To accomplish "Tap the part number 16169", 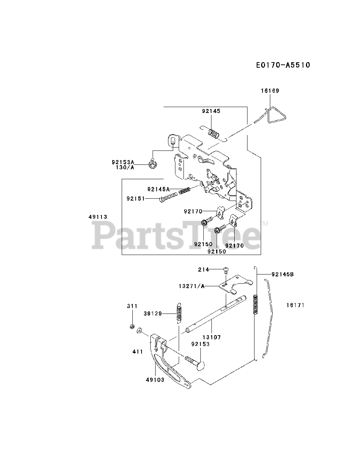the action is pos(271,91).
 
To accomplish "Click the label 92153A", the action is pos(123,162).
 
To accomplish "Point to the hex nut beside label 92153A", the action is pos(152,163).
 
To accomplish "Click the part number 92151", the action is pos(136,199).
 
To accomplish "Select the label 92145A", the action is pos(158,189).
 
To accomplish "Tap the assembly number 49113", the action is pos(98,217).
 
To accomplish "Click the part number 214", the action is pos(203,269).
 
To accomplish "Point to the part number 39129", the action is pos(153,313).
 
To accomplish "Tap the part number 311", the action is pos(132,306).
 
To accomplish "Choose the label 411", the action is pos(138,352).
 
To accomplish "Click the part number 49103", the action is pos(155,380).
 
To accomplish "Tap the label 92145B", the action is pos(282,274).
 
